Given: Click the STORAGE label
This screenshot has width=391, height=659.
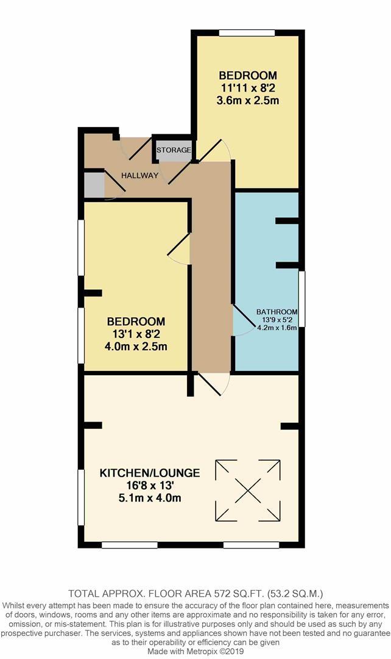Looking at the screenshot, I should (x=174, y=150).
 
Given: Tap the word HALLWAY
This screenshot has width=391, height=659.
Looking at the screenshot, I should (x=139, y=176).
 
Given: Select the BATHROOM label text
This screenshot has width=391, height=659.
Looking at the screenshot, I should (x=277, y=311).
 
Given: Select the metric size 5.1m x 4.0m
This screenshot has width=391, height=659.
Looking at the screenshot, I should (x=141, y=498).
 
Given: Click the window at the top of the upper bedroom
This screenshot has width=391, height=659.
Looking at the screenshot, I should (x=247, y=33).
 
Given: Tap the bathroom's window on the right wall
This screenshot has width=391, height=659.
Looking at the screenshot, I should (x=302, y=299).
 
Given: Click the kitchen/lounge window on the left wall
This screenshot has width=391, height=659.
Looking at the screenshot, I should (x=80, y=497).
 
